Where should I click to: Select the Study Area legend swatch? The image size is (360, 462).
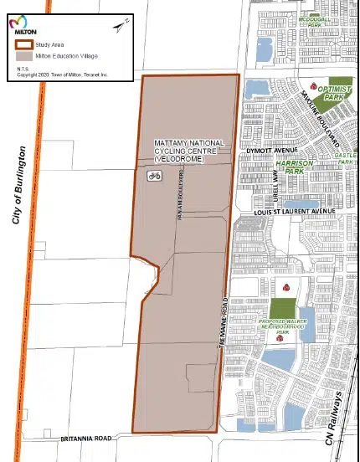click(x=23, y=44)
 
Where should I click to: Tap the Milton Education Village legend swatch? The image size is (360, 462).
click(x=23, y=54)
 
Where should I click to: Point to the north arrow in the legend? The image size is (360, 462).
click(x=120, y=27)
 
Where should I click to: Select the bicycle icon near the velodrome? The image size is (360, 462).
click(x=154, y=176)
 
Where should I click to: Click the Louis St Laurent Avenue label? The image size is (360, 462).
click(x=294, y=213)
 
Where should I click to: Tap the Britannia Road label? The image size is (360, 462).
click(x=85, y=439)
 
